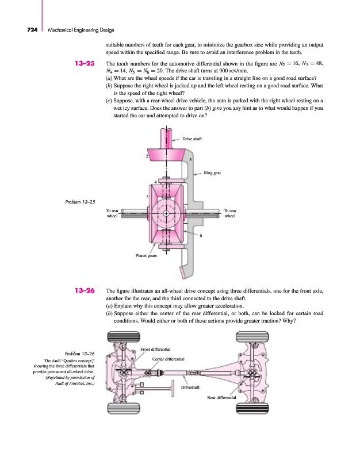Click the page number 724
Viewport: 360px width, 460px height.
(32, 30)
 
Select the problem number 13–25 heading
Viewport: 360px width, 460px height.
(85, 63)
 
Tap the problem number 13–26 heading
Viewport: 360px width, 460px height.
(85, 290)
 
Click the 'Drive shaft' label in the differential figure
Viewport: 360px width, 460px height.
(192, 139)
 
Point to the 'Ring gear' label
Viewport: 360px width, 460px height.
(212, 173)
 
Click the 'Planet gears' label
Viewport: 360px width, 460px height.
(146, 255)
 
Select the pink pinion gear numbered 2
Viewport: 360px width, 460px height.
(166, 155)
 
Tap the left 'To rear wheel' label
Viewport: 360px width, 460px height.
(112, 213)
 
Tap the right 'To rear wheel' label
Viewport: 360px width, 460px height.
(229, 213)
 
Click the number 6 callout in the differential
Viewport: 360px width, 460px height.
(201, 235)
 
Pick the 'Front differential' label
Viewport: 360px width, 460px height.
(155, 349)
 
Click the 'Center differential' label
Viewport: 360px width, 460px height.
(168, 359)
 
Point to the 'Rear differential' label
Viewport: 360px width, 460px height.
(221, 397)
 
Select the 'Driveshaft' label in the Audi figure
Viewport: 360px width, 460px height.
(190, 387)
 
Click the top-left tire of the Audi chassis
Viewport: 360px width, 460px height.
(124, 336)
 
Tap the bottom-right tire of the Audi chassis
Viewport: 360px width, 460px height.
(252, 408)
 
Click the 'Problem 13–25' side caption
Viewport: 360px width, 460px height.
(80, 202)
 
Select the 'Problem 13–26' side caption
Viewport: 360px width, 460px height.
(80, 354)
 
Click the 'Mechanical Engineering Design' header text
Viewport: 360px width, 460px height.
(81, 30)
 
